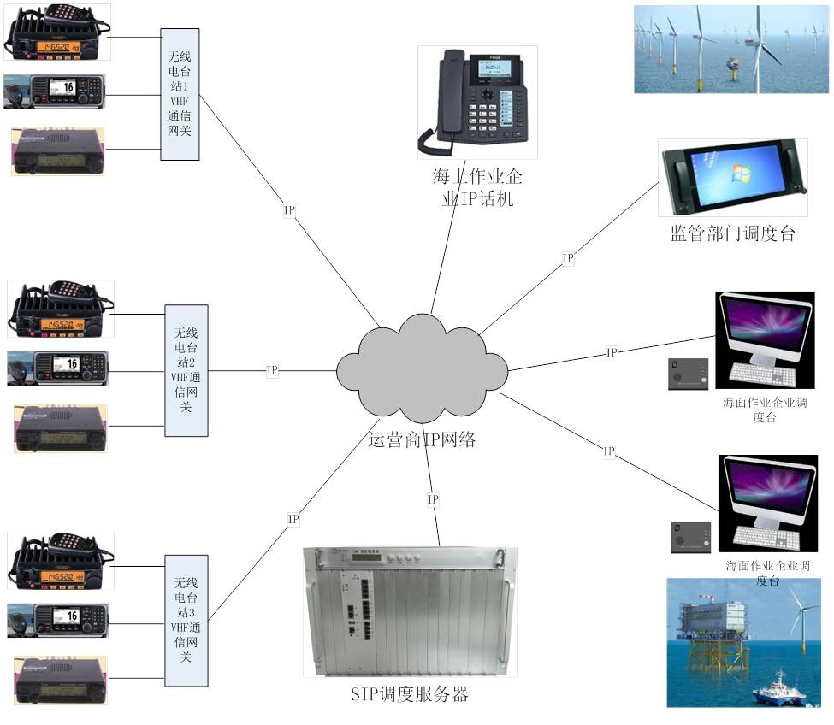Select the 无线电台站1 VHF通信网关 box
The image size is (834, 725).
(180, 95)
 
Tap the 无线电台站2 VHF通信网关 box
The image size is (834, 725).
(186, 370)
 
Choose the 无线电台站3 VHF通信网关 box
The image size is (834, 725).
(186, 621)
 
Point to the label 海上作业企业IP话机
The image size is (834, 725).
(476, 189)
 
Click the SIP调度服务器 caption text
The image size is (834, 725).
(410, 693)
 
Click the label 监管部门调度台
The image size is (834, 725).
(732, 233)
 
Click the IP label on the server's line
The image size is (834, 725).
(433, 499)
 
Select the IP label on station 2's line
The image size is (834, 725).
(272, 370)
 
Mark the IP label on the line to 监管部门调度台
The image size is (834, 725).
(568, 257)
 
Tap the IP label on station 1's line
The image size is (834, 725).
(289, 209)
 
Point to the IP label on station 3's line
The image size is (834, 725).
(293, 518)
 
